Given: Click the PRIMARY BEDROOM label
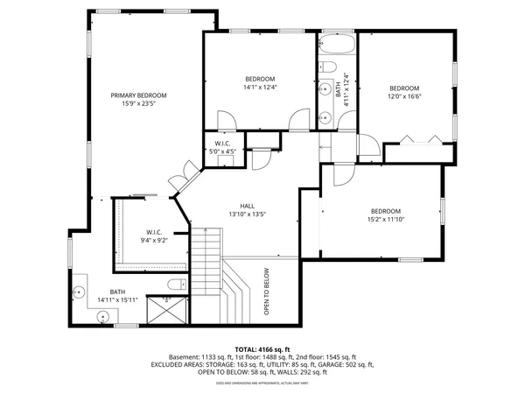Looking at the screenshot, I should pyautogui.click(x=138, y=95).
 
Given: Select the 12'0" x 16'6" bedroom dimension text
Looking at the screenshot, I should pyautogui.click(x=404, y=97).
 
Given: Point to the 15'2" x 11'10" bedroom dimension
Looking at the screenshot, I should pyautogui.click(x=385, y=221).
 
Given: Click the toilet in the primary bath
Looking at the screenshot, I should pyautogui.click(x=175, y=284).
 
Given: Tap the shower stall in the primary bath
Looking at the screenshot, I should pyautogui.click(x=164, y=310).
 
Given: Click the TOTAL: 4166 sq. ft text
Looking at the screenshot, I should pyautogui.click(x=262, y=348).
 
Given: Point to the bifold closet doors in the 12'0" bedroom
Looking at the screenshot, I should pyautogui.click(x=415, y=140).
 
